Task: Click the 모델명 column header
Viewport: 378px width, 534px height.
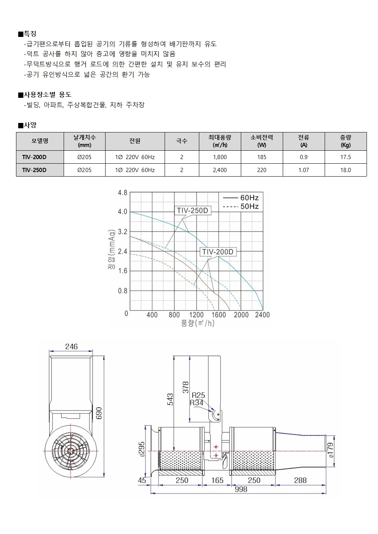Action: point(40,141)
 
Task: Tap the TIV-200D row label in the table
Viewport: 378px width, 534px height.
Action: point(34,157)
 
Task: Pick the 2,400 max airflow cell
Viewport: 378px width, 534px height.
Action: point(220,170)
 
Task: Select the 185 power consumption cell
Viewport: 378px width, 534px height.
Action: point(262,157)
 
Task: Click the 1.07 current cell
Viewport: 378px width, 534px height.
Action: point(304,170)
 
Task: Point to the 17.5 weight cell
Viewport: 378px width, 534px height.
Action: point(346,157)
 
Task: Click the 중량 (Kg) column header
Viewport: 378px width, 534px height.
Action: point(346,141)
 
